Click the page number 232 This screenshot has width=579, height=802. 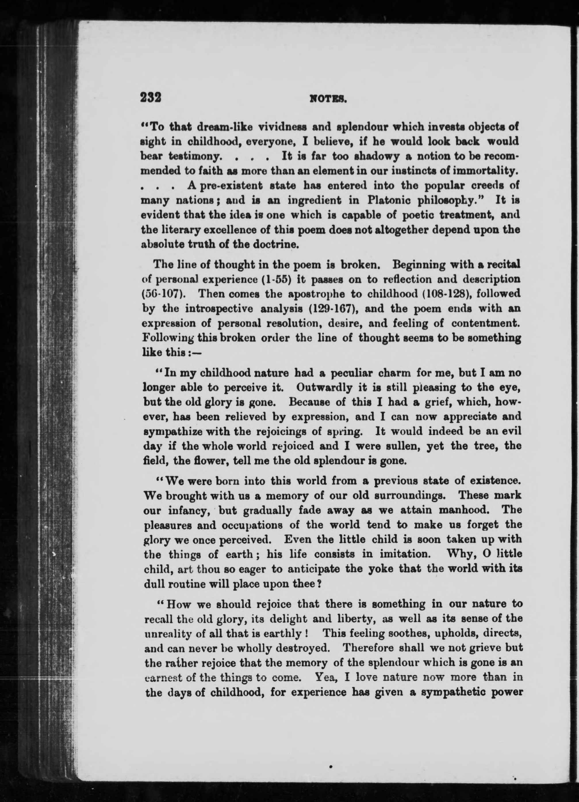click(151, 97)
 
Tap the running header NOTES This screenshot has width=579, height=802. click(328, 99)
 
